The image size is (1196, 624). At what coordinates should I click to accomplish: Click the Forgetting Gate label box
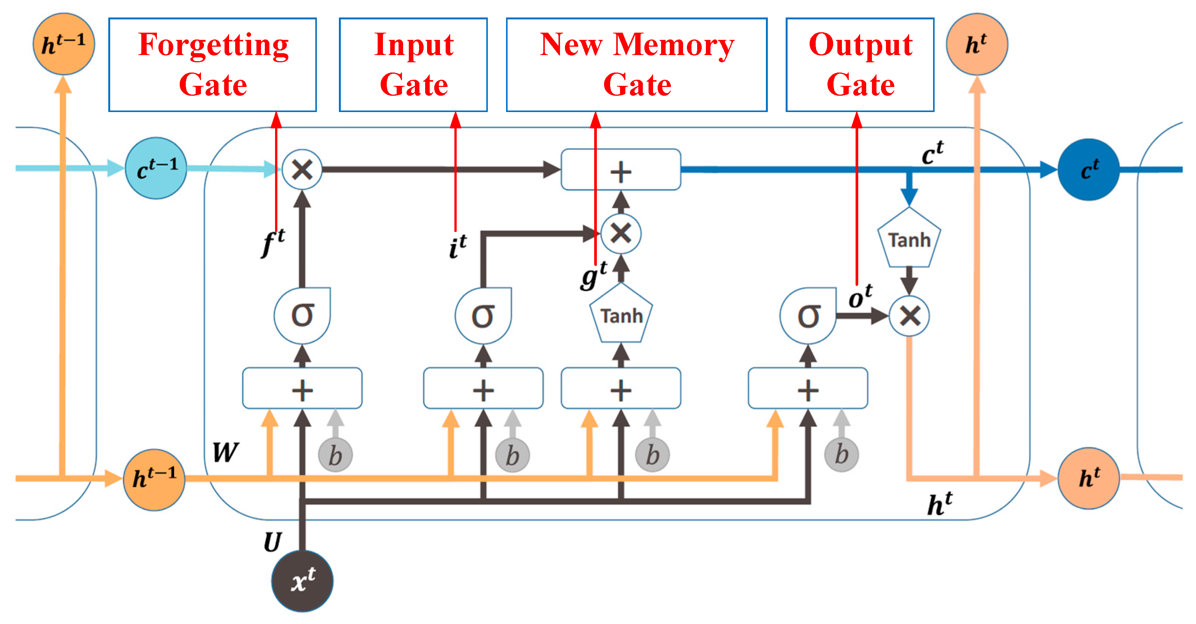point(213,65)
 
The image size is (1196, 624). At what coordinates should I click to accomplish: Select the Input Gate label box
point(413,65)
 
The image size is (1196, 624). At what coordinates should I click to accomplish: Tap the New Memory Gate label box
point(636,65)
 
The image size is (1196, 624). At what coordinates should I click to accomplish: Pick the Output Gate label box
point(860,65)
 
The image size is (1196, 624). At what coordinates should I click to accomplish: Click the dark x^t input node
point(302,581)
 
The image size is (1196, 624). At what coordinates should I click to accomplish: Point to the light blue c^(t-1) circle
point(157,168)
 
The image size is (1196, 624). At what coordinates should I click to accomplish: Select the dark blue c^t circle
point(1088,169)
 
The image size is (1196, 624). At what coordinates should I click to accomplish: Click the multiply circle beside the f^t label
point(302,169)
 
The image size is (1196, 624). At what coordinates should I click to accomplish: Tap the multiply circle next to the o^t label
point(909,316)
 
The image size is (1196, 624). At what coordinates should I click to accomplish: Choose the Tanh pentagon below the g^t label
point(621,315)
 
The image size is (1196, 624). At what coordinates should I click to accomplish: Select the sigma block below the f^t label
point(302,315)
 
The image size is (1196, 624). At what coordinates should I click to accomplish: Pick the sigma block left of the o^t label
point(808,316)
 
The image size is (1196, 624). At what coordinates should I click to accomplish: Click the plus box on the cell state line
point(621,169)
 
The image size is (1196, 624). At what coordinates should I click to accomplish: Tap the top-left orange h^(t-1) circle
point(63,44)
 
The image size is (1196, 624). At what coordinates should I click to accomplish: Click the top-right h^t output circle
point(977,44)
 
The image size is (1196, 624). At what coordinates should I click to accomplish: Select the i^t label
point(458,246)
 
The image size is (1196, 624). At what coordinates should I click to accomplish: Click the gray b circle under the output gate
point(841,455)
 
